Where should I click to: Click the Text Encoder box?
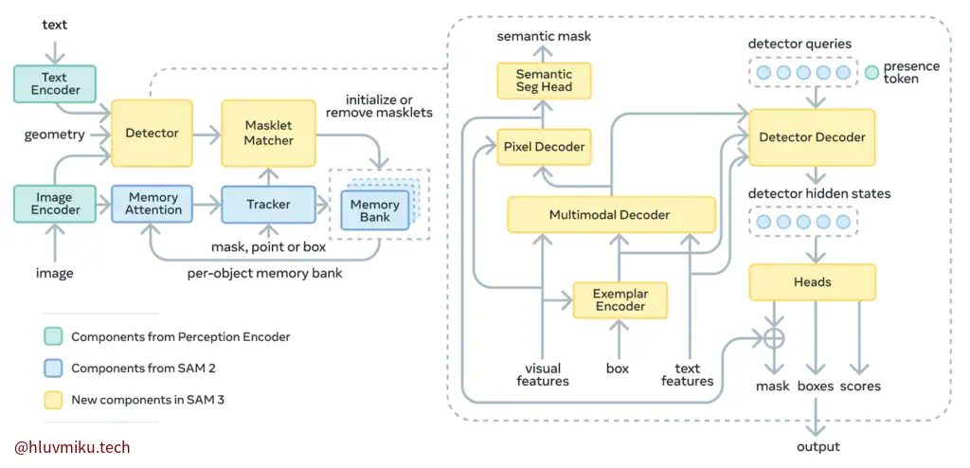(55, 83)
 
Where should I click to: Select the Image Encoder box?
(55, 204)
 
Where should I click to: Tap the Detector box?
(152, 134)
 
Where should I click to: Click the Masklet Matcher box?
(268, 134)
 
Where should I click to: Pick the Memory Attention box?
(153, 204)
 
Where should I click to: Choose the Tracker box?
(268, 204)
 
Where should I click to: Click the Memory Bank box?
(374, 211)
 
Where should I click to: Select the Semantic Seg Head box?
(544, 81)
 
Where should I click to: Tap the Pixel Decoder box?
(544, 147)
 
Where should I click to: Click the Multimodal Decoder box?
(609, 215)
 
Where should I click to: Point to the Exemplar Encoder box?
(620, 299)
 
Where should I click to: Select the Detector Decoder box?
(812, 137)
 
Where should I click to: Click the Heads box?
(812, 281)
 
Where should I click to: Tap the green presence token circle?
(871, 72)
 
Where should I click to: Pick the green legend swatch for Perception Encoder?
(52, 336)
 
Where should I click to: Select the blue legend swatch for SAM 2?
(52, 368)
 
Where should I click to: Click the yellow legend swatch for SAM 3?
(52, 399)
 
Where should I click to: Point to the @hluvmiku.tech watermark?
(72, 447)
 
